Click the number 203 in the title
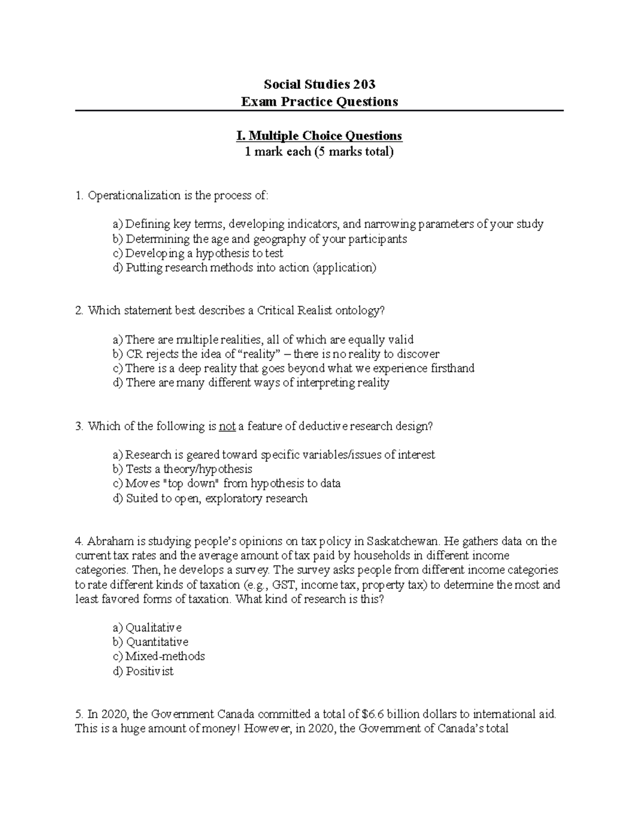(362, 84)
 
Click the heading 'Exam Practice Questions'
(319, 102)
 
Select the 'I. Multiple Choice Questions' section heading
(319, 136)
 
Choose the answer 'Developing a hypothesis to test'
(204, 253)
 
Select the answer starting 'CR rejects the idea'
(282, 354)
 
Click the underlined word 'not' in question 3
(227, 426)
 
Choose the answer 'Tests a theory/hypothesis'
(189, 469)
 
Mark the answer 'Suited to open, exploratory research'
(216, 498)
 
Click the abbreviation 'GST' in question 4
(282, 585)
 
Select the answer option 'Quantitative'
(157, 642)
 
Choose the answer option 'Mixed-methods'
(165, 657)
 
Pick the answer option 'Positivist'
(150, 672)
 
